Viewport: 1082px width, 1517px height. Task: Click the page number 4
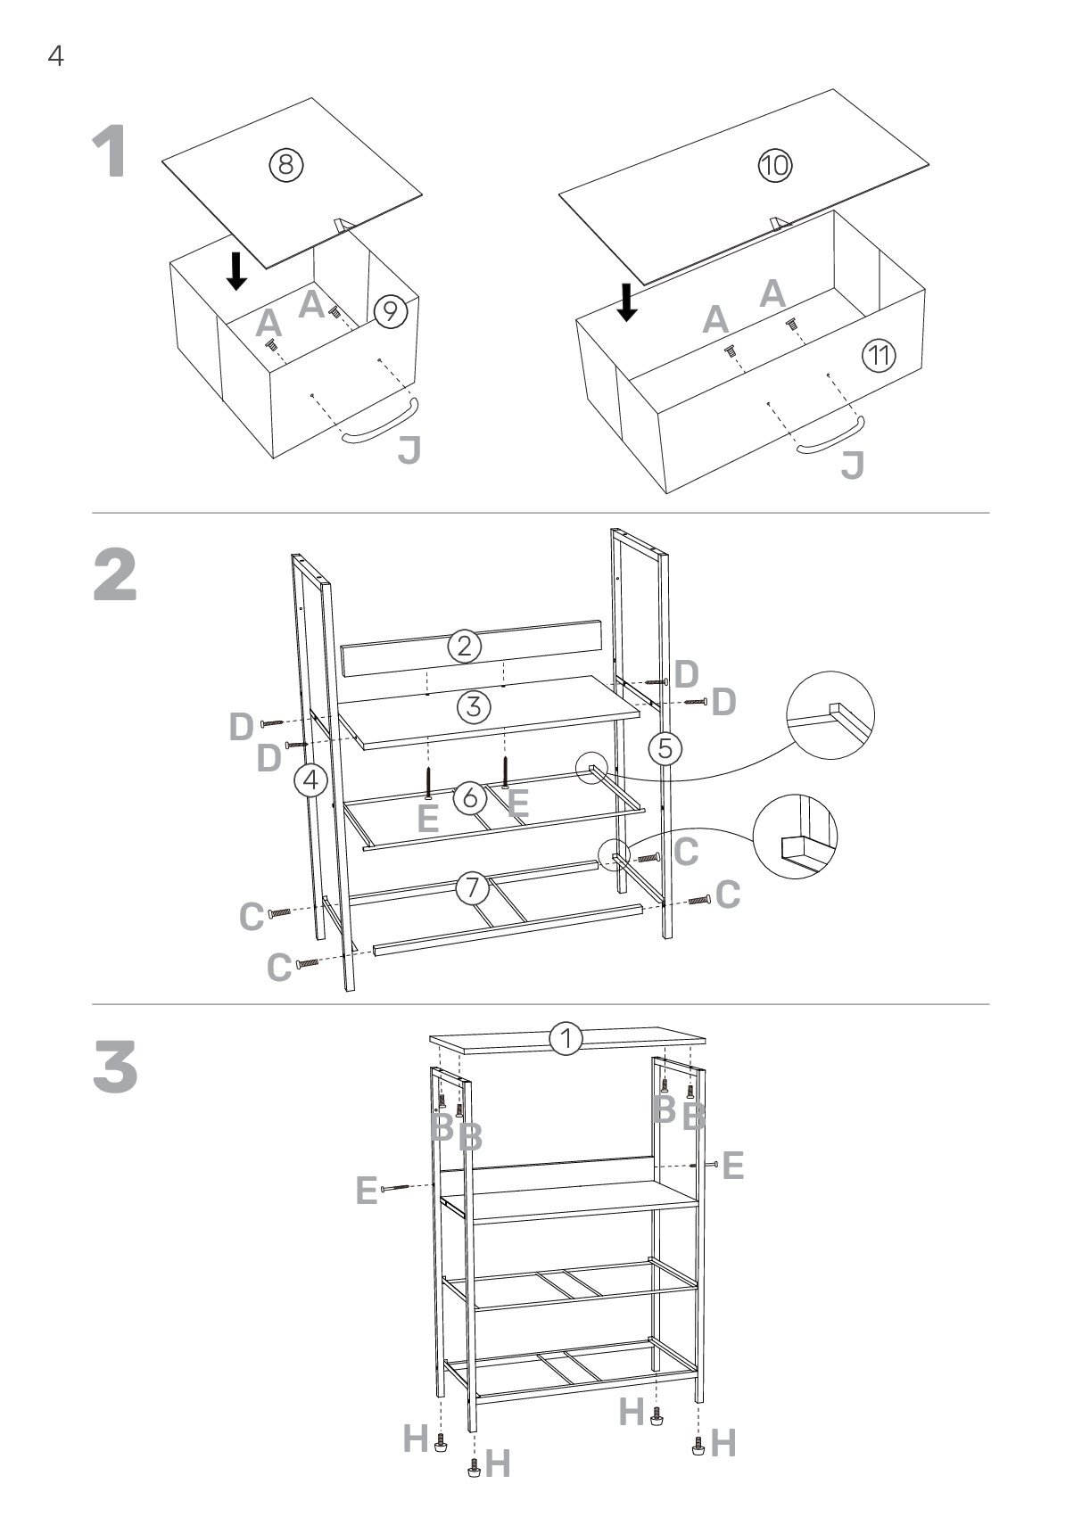point(55,57)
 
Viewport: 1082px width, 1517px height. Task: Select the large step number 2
point(116,575)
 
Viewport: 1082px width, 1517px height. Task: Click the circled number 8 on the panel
point(286,163)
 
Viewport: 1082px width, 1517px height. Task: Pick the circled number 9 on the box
point(390,311)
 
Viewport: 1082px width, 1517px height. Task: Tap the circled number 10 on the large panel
point(774,165)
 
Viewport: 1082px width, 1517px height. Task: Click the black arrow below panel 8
point(236,270)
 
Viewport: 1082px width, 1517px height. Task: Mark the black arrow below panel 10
point(628,301)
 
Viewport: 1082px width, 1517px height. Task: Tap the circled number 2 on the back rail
point(465,646)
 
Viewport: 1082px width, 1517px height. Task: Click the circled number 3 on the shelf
point(474,706)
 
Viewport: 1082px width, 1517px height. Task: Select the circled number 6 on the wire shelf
point(470,797)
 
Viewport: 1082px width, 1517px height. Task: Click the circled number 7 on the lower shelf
point(472,887)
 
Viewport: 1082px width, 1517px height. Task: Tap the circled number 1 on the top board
point(566,1038)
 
